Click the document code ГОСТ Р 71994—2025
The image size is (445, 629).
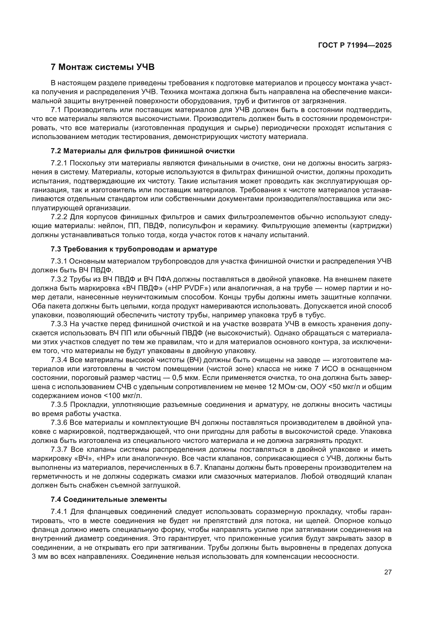coord(355,45)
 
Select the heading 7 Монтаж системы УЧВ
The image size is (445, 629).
coord(103,67)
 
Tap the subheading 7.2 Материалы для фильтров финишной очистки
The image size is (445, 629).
coord(143,151)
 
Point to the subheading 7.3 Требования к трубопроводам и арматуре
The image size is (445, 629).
coord(134,249)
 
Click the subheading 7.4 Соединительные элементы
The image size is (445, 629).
coord(108,499)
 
